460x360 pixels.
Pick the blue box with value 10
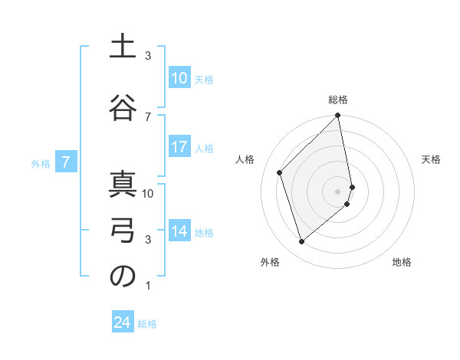point(179,78)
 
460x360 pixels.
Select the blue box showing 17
point(179,148)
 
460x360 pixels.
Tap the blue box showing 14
point(179,231)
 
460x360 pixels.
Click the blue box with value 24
point(123,322)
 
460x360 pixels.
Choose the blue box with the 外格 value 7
point(67,162)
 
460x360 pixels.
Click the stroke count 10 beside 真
point(149,193)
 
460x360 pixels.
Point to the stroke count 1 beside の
point(148,286)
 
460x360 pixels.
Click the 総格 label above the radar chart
point(338,100)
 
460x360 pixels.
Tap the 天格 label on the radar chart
point(432,159)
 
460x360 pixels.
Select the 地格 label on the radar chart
point(402,263)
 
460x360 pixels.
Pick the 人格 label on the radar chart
point(245,159)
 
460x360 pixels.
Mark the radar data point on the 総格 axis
point(338,116)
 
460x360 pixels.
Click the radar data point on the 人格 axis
point(280,172)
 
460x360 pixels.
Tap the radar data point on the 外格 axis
point(301,241)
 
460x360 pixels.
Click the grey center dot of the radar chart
point(338,191)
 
